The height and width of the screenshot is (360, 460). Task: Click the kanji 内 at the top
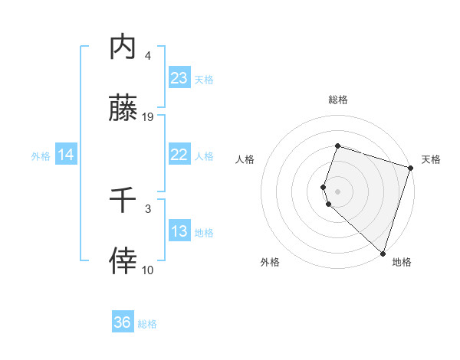[x=123, y=47]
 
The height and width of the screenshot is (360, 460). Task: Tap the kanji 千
[x=123, y=201]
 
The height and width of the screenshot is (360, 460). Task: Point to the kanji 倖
[x=123, y=261]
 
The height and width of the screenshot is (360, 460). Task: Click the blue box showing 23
[x=179, y=78]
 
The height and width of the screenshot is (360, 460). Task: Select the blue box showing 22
[x=179, y=155]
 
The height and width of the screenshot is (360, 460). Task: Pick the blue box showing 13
[x=179, y=231]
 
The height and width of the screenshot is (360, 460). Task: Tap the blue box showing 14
[x=66, y=155]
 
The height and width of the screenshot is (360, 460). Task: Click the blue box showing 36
[x=123, y=322]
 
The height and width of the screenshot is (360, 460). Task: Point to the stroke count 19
[x=149, y=117]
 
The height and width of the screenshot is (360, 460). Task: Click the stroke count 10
[x=148, y=270]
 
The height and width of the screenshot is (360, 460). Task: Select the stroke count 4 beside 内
[x=148, y=55]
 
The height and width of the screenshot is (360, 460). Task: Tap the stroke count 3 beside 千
[x=148, y=208]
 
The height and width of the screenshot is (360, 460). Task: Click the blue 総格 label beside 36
[x=147, y=324]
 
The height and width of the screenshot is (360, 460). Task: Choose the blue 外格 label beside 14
[x=41, y=156]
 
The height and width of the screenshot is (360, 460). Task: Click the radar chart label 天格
[x=431, y=159]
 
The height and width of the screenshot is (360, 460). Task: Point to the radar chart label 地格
[x=402, y=262]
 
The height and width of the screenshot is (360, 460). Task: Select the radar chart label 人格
[x=245, y=159]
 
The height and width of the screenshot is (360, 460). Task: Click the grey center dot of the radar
[x=337, y=190]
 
